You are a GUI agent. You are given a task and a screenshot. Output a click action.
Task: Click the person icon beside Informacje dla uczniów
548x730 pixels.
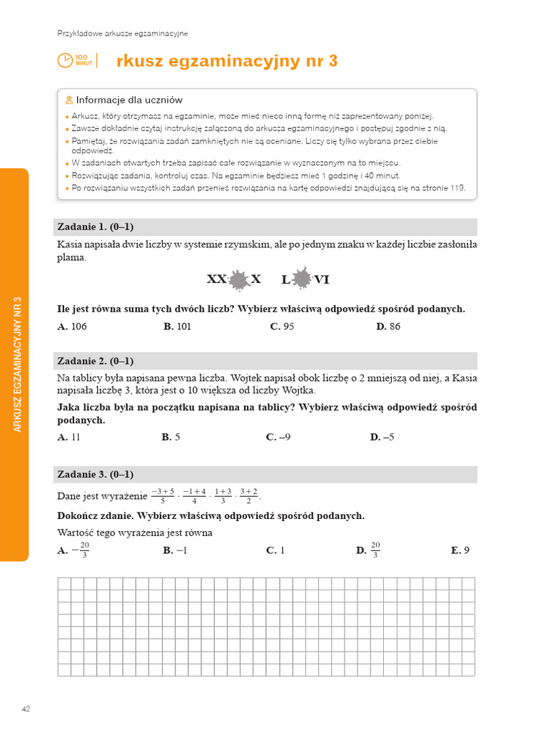pyautogui.click(x=68, y=100)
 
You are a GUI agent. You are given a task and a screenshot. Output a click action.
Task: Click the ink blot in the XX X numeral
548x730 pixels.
pyautogui.click(x=238, y=279)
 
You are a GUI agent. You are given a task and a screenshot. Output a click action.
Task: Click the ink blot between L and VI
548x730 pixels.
pyautogui.click(x=303, y=279)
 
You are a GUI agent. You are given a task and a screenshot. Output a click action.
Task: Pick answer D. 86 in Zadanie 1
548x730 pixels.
pyautogui.click(x=388, y=327)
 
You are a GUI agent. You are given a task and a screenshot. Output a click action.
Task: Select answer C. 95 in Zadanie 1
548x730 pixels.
pyautogui.click(x=282, y=327)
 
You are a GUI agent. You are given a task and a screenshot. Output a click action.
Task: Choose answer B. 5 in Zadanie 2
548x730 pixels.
pyautogui.click(x=171, y=437)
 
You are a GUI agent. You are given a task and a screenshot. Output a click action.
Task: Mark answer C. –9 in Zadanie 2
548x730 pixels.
pyautogui.click(x=278, y=437)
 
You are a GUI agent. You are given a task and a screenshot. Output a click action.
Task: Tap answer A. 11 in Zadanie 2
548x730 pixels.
pyautogui.click(x=69, y=437)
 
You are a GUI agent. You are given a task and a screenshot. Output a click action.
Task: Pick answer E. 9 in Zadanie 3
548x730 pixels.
pyautogui.click(x=460, y=550)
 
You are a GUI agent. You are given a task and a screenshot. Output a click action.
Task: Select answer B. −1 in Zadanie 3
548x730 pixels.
pyautogui.click(x=175, y=550)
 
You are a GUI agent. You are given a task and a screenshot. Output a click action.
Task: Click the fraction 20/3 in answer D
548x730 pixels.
pyautogui.click(x=375, y=550)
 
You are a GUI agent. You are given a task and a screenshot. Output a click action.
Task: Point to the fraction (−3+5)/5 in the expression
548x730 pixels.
pyautogui.click(x=162, y=496)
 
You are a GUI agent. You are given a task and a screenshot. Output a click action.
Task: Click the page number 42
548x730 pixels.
pyautogui.click(x=26, y=709)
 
